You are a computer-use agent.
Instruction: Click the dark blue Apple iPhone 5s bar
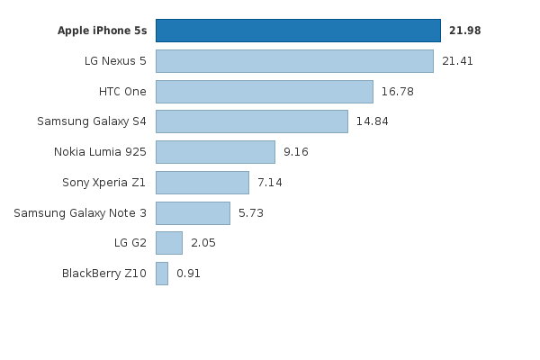click(298, 31)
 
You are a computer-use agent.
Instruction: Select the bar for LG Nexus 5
click(294, 61)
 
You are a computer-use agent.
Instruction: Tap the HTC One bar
click(264, 92)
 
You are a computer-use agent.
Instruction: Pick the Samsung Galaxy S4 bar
click(251, 121)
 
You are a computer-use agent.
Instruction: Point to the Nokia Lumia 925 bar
click(215, 152)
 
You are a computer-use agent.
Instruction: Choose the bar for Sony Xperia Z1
click(202, 183)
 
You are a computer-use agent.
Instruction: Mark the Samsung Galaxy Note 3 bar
click(193, 213)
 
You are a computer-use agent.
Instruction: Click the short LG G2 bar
click(168, 243)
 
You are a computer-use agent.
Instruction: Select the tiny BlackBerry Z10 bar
click(162, 274)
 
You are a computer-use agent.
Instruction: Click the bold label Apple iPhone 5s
click(102, 31)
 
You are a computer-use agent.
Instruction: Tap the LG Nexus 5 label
click(115, 61)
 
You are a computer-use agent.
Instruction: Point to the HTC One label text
click(122, 92)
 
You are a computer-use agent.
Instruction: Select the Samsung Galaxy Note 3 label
click(80, 213)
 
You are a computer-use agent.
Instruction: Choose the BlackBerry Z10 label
click(104, 274)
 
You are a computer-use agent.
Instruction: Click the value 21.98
click(465, 31)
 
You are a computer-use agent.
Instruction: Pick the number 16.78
click(397, 92)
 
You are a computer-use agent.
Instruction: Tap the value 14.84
click(372, 121)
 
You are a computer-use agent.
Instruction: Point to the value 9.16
click(296, 152)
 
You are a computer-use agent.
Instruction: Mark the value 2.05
click(203, 243)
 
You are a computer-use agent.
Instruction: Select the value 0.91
click(188, 274)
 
